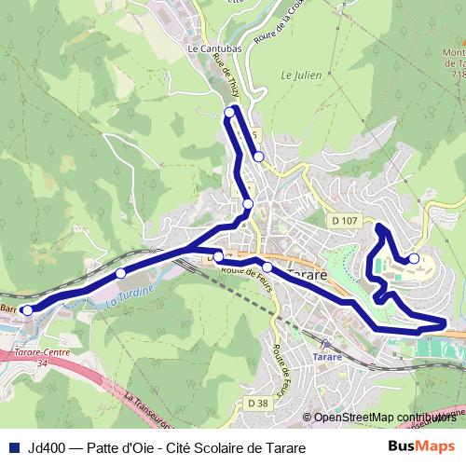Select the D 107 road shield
click(x=344, y=221)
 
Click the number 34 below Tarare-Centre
click(x=40, y=364)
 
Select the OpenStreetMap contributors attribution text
click(x=385, y=418)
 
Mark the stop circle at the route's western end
click(x=27, y=309)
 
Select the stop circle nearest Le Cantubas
click(x=229, y=113)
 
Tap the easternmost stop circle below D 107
click(x=414, y=259)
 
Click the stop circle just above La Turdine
click(x=120, y=273)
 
